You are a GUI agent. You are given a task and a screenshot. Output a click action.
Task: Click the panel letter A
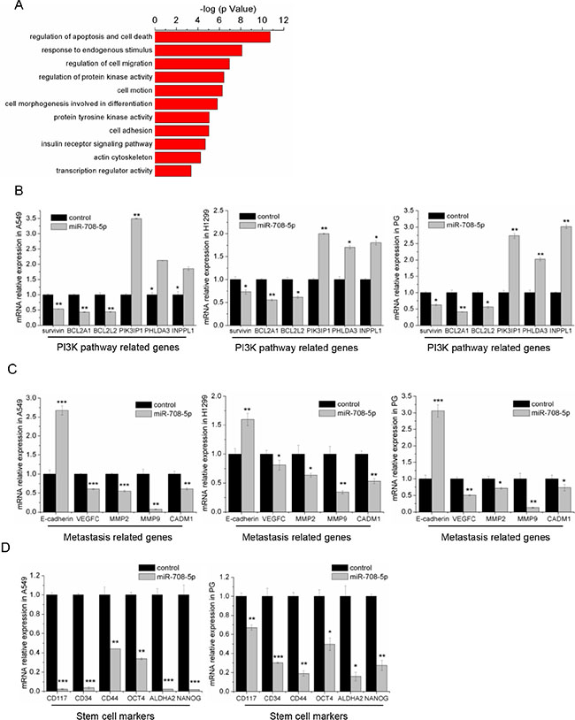click(x=8, y=9)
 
